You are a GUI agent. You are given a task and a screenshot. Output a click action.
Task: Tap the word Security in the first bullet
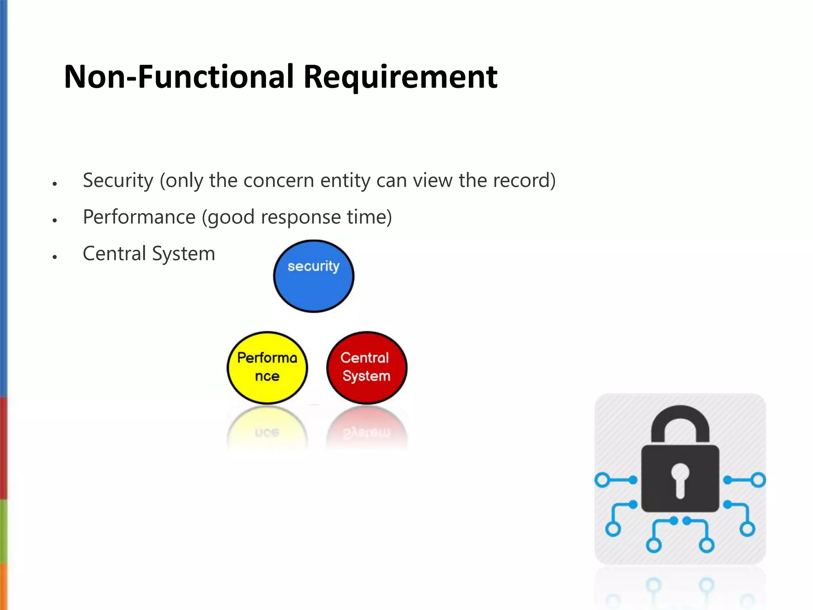click(x=118, y=181)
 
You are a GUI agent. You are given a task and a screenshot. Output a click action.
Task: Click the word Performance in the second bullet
click(x=139, y=217)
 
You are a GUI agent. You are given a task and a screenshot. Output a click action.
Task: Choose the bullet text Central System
click(x=149, y=253)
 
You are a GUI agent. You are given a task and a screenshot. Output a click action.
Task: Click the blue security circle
click(x=314, y=276)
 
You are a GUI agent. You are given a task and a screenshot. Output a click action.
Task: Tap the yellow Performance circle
click(x=267, y=367)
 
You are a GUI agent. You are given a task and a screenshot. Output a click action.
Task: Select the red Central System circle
click(x=366, y=367)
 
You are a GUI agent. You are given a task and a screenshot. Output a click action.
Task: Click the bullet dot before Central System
click(x=55, y=257)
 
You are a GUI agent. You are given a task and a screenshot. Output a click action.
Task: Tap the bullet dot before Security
click(x=55, y=184)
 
